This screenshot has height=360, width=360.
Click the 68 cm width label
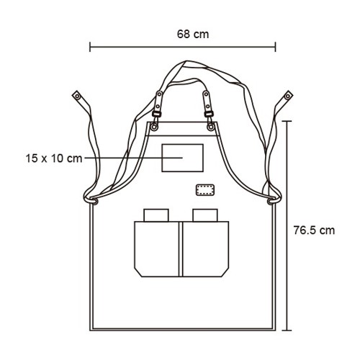(x=193, y=34)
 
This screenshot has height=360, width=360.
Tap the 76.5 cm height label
(x=314, y=230)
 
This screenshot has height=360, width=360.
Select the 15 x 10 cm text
(x=54, y=158)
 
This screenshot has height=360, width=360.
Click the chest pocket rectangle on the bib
(x=182, y=144)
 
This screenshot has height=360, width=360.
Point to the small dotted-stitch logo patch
(x=204, y=190)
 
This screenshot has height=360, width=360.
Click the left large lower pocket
(x=156, y=249)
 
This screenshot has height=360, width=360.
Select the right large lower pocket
(x=206, y=249)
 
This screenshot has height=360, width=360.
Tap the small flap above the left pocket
(x=156, y=215)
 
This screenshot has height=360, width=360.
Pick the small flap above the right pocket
(x=205, y=215)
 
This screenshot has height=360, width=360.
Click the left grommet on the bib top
(x=154, y=127)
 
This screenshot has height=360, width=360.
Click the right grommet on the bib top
(x=211, y=127)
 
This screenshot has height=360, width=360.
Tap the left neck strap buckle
(x=157, y=114)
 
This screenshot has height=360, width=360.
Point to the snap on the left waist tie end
(x=77, y=96)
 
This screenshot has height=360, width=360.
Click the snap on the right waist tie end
(x=288, y=96)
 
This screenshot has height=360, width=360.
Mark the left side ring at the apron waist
(x=94, y=201)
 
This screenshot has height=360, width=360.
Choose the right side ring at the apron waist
(x=271, y=201)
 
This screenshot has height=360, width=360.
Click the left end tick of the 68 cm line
(x=90, y=47)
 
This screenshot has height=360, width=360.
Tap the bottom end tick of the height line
(x=287, y=330)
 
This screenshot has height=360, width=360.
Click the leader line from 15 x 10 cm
(x=133, y=158)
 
